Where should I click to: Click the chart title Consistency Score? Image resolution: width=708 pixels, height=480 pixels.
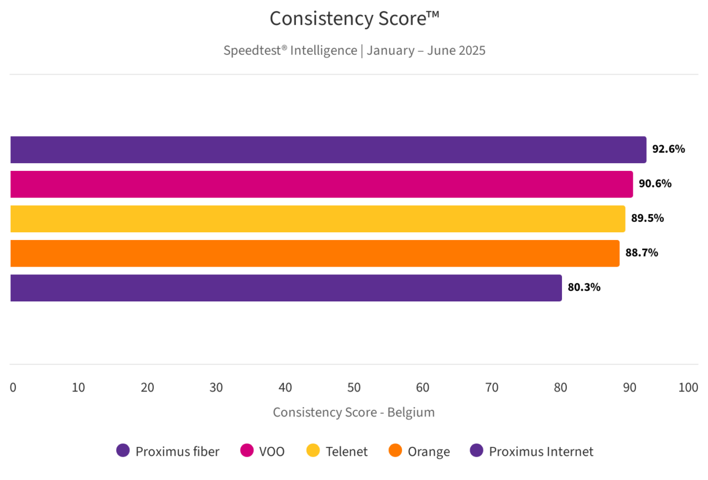point(354,19)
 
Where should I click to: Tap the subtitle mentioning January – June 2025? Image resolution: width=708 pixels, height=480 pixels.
point(354,50)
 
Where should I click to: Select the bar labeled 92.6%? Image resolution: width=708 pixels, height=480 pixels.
point(328,150)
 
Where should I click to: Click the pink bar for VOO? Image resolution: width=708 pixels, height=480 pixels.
point(321,184)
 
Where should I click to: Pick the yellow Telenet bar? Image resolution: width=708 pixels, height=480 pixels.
point(317,219)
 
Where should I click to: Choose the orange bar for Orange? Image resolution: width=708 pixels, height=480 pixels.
point(315,253)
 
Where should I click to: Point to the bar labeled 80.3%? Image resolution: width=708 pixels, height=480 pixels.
point(286,288)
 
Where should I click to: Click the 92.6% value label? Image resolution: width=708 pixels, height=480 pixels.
point(668,149)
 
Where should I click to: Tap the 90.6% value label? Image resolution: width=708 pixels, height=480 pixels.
point(655,184)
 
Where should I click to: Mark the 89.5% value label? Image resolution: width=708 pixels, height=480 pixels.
point(647,218)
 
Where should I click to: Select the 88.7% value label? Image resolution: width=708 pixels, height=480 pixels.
point(642,253)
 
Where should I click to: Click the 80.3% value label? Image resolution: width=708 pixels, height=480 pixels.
point(584,288)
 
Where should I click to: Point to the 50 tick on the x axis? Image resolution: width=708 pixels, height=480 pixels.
point(354,388)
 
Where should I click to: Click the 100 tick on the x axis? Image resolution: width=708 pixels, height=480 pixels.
point(688,388)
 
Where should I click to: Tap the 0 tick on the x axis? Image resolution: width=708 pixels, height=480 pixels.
point(13,388)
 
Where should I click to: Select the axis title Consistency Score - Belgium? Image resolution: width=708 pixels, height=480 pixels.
point(354,413)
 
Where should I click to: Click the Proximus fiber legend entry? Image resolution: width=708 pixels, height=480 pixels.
point(168,451)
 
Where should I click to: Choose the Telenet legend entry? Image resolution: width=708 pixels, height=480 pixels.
point(337,451)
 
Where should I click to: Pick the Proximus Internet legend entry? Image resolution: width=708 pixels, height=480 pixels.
point(532,451)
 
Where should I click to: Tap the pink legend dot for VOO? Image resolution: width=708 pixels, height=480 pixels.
point(247,451)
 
